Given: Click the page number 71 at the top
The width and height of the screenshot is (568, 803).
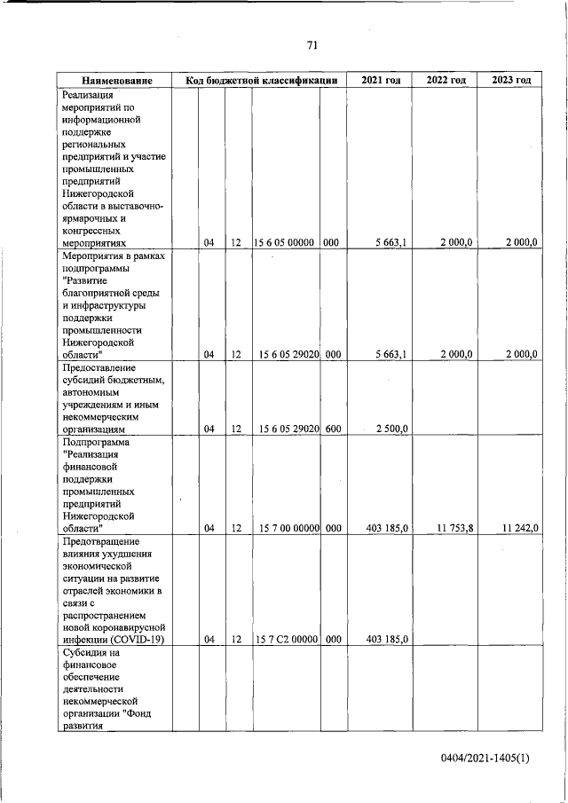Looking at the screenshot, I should click(x=312, y=45).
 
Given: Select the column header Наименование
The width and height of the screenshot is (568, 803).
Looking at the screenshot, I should click(x=115, y=81).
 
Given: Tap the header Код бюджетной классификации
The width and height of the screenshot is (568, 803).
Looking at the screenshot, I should click(x=262, y=81).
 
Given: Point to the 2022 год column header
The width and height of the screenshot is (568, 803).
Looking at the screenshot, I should click(x=446, y=81).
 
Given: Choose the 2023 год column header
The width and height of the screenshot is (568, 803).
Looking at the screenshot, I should click(x=509, y=81).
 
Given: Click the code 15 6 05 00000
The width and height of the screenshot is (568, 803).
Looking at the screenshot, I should click(x=286, y=241).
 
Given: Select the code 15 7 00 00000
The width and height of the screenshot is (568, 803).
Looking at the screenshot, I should click(x=286, y=528).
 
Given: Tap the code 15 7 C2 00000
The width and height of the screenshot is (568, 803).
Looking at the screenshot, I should click(x=286, y=639).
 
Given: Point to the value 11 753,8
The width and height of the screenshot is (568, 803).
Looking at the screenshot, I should click(x=455, y=528).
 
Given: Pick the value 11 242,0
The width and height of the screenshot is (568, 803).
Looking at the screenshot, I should click(x=519, y=528).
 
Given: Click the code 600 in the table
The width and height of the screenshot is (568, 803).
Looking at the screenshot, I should click(x=332, y=429).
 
